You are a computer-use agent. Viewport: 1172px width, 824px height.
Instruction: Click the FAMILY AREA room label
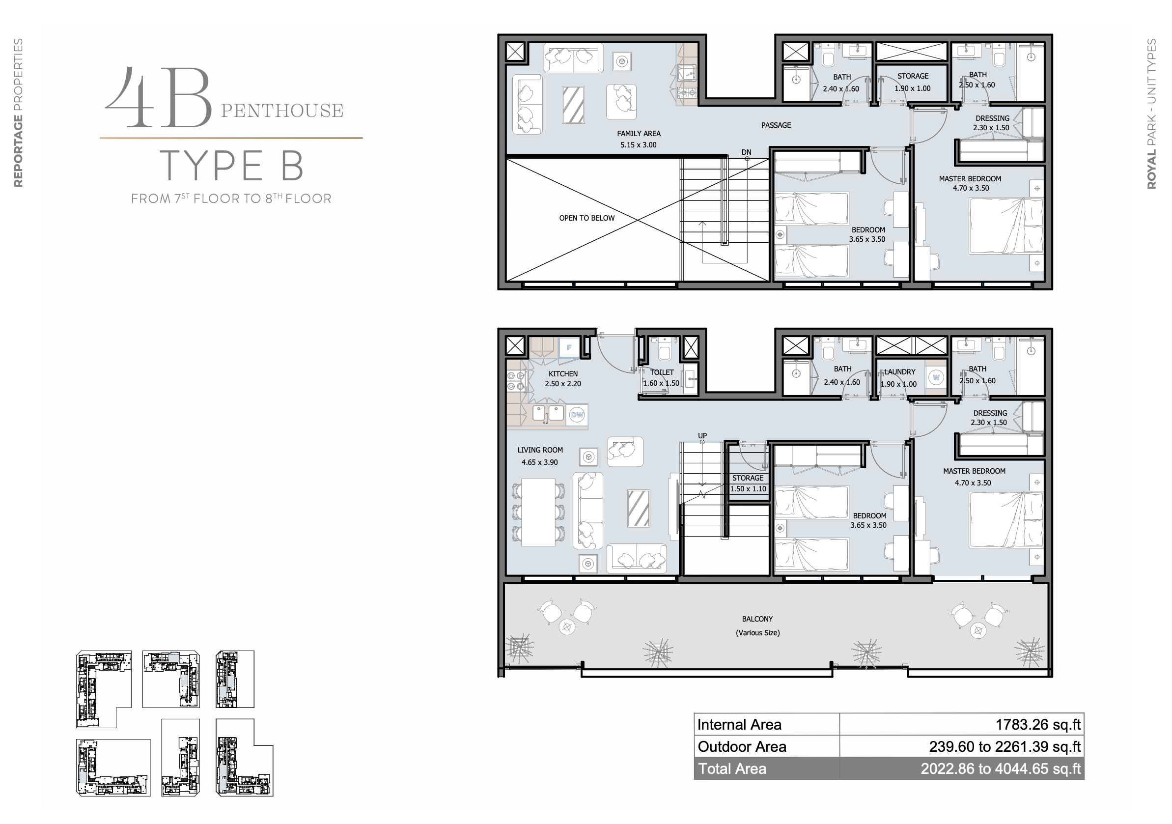(x=639, y=134)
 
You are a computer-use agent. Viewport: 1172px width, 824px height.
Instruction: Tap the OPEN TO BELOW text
(x=586, y=218)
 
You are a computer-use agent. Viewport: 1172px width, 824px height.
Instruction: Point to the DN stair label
(x=746, y=152)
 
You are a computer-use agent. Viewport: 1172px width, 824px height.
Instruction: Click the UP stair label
(x=702, y=435)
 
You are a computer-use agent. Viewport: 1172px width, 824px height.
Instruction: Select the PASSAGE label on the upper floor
(x=776, y=125)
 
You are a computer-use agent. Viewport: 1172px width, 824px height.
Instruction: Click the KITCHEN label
(x=563, y=374)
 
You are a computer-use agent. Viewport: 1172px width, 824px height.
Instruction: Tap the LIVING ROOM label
(x=540, y=450)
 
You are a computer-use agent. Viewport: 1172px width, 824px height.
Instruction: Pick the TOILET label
(x=662, y=372)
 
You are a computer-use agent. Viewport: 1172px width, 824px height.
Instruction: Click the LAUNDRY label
(x=900, y=371)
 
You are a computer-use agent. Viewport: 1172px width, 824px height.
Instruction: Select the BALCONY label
(x=757, y=619)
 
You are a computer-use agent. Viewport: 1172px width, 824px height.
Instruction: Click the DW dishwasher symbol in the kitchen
(x=577, y=415)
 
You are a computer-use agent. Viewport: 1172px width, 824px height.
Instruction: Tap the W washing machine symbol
(x=936, y=378)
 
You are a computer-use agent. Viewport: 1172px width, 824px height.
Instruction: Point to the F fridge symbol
(x=569, y=347)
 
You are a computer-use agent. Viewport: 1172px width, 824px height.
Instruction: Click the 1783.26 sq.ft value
(x=1038, y=724)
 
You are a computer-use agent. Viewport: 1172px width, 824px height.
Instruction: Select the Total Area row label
(x=732, y=768)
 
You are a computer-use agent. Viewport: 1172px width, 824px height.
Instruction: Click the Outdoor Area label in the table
(x=742, y=746)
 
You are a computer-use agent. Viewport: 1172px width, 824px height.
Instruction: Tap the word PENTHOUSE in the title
(x=282, y=111)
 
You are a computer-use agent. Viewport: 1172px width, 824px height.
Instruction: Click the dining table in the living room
(x=538, y=512)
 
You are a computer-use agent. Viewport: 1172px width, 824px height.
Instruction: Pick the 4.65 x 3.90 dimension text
(x=539, y=462)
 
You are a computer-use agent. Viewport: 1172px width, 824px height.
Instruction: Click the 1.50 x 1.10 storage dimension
(x=748, y=488)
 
